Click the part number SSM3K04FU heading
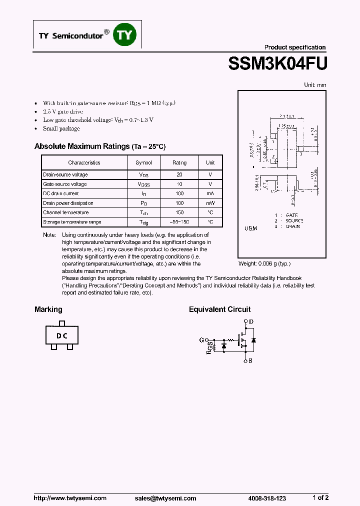pyautogui.click(x=277, y=64)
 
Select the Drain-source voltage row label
pyautogui.click(x=65, y=174)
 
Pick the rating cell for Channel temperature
pyautogui.click(x=179, y=212)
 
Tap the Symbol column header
pyautogui.click(x=143, y=162)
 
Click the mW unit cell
pyautogui.click(x=210, y=203)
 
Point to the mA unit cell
pyautogui.click(x=210, y=193)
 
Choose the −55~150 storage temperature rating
pyautogui.click(x=179, y=222)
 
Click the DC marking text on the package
pyautogui.click(x=61, y=336)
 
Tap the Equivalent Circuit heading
pyautogui.click(x=219, y=309)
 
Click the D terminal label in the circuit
pyautogui.click(x=251, y=321)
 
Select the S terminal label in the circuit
pyautogui.click(x=250, y=360)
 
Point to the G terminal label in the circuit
pyautogui.click(x=201, y=340)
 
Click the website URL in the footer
pyautogui.click(x=70, y=498)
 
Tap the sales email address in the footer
pyautogui.click(x=165, y=498)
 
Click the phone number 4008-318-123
pyautogui.click(x=267, y=498)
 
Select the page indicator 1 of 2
pyautogui.click(x=320, y=497)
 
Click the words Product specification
pyautogui.click(x=295, y=47)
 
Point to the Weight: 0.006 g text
pyautogui.click(x=264, y=263)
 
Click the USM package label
pyautogui.click(x=250, y=228)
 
